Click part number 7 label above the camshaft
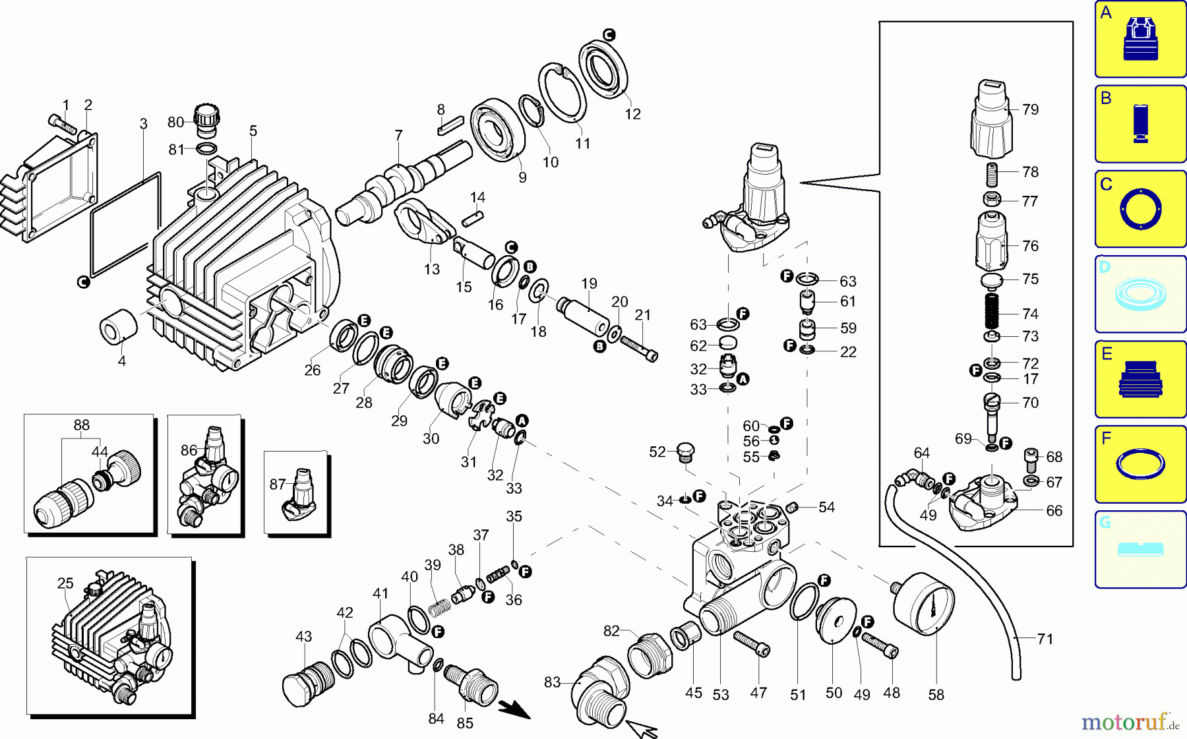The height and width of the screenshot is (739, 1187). pos(398,135)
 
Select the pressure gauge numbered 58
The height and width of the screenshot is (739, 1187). pos(923,603)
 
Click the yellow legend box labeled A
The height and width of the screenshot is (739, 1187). pos(1140,39)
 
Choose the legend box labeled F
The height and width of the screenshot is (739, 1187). pos(1140,464)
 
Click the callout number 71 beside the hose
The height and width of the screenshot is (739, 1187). pos(1045,638)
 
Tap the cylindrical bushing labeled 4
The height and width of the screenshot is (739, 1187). pos(118,326)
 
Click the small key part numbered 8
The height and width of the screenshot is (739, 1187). pos(450,125)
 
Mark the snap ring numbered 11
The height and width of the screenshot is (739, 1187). pos(562,92)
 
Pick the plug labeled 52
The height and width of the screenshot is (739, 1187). pos(686,453)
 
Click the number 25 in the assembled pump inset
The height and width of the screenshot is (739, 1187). pos(65,583)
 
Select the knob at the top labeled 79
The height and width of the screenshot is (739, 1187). pos(991,119)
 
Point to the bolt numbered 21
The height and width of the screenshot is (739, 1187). pos(638,347)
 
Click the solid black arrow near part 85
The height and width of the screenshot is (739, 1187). pos(514,709)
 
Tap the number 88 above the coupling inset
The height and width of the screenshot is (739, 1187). pos(81,425)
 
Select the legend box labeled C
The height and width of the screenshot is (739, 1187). pos(1140,209)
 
